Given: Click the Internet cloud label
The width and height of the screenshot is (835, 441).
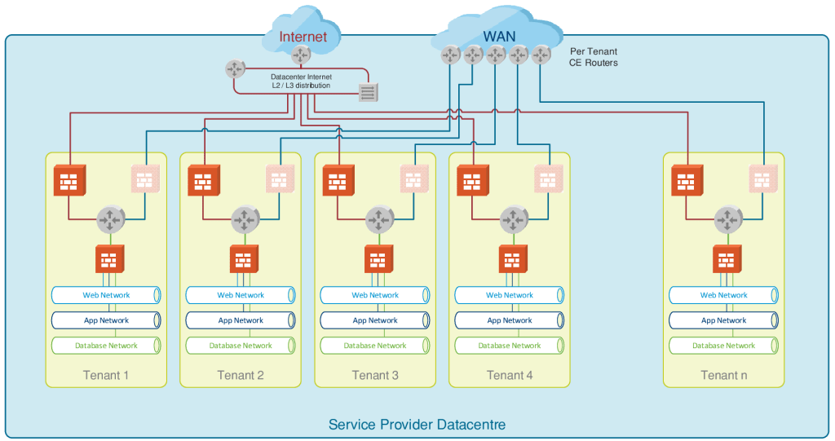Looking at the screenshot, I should tap(303, 37).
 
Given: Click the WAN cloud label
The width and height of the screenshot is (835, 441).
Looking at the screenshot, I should tap(499, 36).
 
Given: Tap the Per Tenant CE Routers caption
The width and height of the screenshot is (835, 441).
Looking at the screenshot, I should tap(593, 57).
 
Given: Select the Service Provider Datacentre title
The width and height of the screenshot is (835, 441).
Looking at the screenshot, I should tap(417, 425).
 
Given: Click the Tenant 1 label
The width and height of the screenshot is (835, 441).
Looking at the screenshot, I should tap(106, 375).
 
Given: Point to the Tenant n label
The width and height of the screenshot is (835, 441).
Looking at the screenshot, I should tap(724, 375).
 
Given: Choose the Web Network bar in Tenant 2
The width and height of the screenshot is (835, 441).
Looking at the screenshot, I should tap(241, 295).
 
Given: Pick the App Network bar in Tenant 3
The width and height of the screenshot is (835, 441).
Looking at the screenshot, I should tap(375, 320).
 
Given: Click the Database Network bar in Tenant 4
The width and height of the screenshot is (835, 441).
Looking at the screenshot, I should tap(510, 346).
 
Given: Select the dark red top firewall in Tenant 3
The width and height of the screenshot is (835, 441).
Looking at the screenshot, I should tap(338, 180).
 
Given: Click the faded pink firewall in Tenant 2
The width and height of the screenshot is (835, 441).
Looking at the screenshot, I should tap(281, 179).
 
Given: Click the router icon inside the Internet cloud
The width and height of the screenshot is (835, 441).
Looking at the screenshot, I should tap(302, 55).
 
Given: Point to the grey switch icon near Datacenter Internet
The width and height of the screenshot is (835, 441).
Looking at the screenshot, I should tap(369, 92).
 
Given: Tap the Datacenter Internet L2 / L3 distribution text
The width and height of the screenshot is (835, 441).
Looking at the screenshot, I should tap(301, 81).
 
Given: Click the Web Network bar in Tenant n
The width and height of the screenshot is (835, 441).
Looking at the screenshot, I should tap(724, 295).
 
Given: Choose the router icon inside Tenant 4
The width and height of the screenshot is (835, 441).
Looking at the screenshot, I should tap(514, 219).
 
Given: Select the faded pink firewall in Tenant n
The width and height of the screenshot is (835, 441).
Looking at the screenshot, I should tap(764, 179).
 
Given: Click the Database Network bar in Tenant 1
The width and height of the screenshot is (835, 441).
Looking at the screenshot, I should tap(106, 346).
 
